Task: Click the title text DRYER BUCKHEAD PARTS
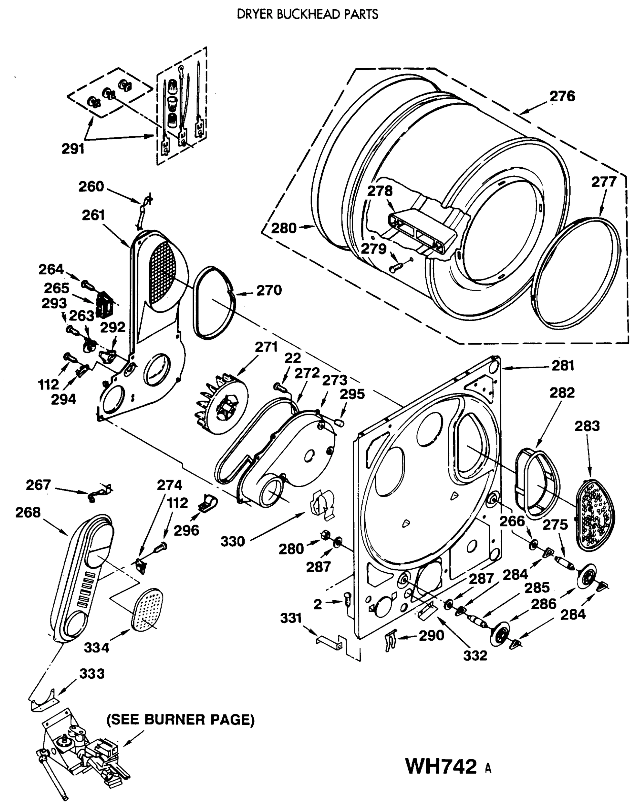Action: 308,14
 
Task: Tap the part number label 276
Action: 562,96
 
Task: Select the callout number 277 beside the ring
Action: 604,182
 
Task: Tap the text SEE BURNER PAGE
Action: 181,719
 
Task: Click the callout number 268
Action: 28,512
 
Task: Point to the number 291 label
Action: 73,149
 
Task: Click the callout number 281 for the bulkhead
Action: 563,365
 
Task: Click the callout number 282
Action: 562,393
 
